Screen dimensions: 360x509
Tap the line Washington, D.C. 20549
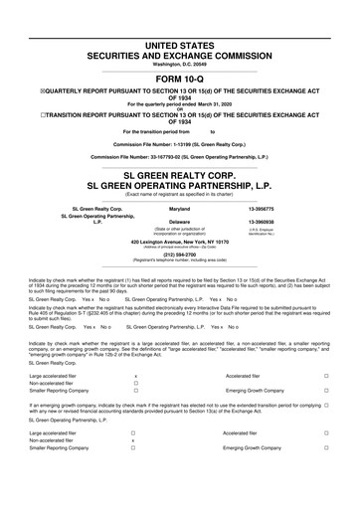tap(180, 38)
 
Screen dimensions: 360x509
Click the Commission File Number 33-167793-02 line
tap(180, 157)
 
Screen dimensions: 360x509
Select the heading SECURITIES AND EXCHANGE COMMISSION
tap(180, 30)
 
